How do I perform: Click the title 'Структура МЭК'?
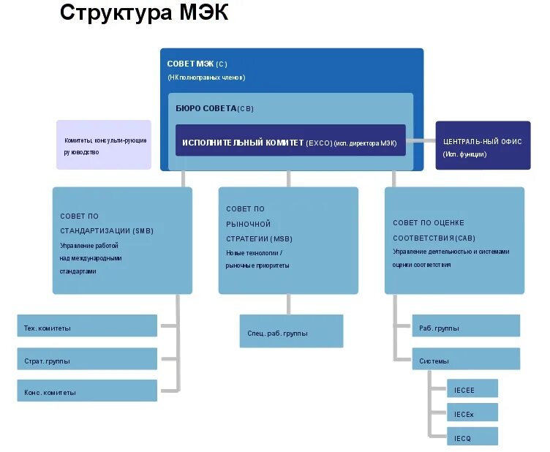click(144, 13)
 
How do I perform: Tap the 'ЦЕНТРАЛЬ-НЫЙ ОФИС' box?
click(483, 146)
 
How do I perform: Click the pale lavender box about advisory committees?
click(104, 145)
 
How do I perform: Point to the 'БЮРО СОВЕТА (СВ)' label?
click(214, 109)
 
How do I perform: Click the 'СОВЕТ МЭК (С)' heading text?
click(197, 64)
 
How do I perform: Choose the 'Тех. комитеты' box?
click(87, 326)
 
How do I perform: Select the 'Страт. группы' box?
click(87, 359)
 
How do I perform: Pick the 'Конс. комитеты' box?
click(87, 391)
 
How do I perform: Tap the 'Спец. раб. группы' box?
click(291, 331)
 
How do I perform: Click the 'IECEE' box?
click(472, 389)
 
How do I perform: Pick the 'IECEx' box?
click(472, 413)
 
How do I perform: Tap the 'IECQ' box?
click(472, 437)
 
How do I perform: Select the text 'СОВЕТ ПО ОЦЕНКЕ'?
click(428, 223)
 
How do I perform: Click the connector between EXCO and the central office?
click(421, 140)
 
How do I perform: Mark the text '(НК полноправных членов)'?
click(206, 78)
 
